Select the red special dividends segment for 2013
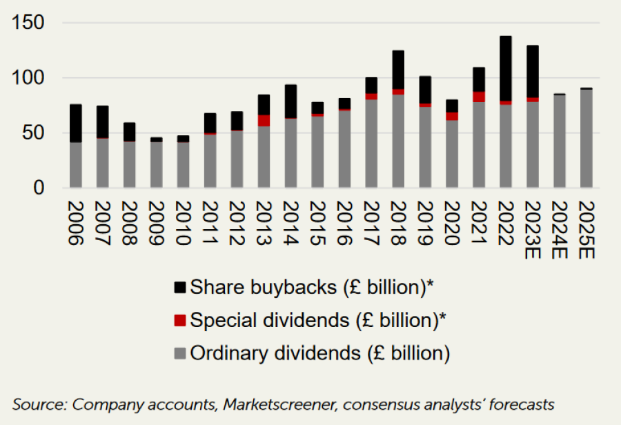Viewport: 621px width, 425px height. pos(264,121)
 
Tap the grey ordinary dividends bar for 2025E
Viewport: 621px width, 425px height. pos(586,138)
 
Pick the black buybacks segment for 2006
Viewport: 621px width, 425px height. pos(76,123)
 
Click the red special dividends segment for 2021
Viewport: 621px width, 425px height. pos(479,97)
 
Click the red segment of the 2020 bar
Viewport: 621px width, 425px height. pos(452,116)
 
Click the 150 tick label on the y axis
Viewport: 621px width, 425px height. pos(30,23)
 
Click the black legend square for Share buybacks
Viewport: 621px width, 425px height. pos(180,287)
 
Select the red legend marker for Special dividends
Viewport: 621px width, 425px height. pos(180,320)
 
